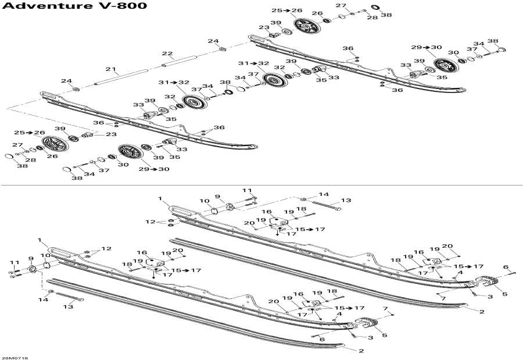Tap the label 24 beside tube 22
coord(213,41)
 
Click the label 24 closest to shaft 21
coord(67,81)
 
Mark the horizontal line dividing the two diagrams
coord(261,186)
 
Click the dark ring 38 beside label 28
coord(375,7)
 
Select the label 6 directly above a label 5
coord(506,267)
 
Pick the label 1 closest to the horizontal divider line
coord(160,199)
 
